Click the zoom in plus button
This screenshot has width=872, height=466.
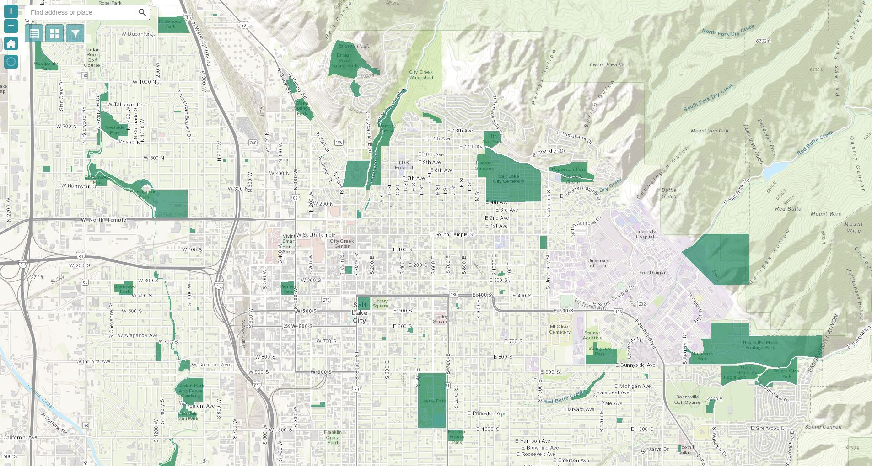[x=11, y=11]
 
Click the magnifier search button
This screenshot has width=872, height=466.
[x=142, y=12]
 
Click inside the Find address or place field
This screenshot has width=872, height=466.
[x=80, y=12]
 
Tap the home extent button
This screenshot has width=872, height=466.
[x=11, y=44]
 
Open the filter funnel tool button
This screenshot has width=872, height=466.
[x=75, y=34]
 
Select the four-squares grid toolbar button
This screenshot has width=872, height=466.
[x=54, y=34]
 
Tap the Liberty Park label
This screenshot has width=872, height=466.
[x=432, y=401]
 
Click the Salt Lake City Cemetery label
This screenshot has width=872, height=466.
[x=508, y=179]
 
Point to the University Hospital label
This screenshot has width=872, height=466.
[x=645, y=234]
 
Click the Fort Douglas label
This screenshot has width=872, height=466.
[x=653, y=273]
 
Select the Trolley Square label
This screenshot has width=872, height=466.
[x=441, y=319]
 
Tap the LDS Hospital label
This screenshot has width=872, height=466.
[x=404, y=165]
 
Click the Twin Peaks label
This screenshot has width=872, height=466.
[x=607, y=64]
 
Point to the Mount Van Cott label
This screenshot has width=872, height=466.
[x=710, y=131]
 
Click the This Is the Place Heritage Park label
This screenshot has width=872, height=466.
[x=759, y=345]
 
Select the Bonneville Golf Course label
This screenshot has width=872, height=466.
[x=687, y=400]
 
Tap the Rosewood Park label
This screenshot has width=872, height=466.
[x=170, y=24]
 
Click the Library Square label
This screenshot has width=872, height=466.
[x=380, y=303]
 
